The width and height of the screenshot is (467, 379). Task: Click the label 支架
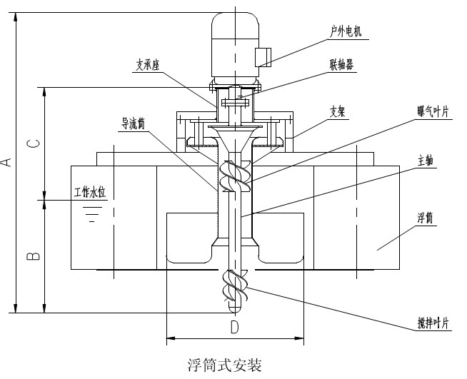coord(338,111)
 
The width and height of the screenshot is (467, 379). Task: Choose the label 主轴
coord(426,162)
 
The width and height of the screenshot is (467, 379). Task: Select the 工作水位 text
coord(90,193)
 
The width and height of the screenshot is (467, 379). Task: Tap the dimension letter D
coord(234,328)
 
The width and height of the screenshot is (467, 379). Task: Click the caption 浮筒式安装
coord(224,366)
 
